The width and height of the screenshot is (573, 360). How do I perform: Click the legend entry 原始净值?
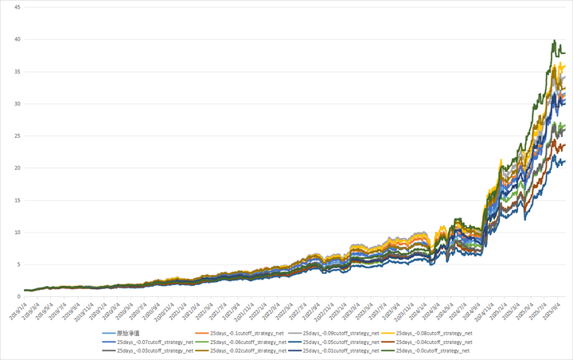point(127,333)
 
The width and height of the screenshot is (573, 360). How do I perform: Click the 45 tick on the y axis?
point(16,7)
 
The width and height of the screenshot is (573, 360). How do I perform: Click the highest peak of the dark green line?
point(554,40)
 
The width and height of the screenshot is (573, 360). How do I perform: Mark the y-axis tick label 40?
point(16,39)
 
